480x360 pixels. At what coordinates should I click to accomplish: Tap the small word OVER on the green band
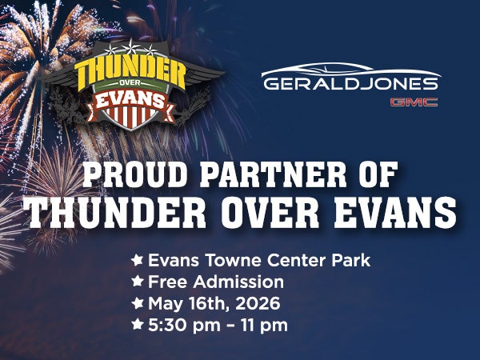(130, 89)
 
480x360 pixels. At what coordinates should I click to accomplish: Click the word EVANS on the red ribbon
(130, 102)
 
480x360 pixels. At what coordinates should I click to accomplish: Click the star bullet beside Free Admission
(138, 282)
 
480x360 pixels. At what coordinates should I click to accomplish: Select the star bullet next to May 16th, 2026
(138, 304)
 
